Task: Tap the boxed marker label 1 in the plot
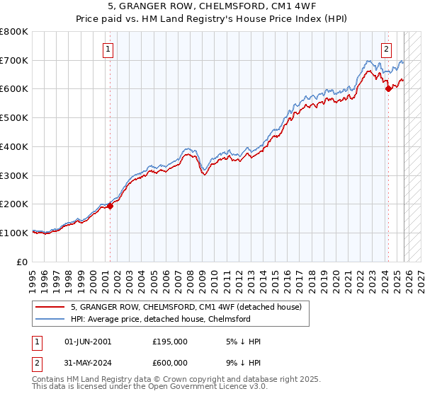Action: pos(108,49)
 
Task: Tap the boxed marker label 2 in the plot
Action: pos(387,49)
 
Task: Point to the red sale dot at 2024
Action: pos(388,88)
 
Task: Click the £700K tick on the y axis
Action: pos(14,60)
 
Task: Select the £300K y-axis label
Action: pos(14,175)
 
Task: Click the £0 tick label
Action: pos(23,262)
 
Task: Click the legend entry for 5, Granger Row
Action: pos(186,307)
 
